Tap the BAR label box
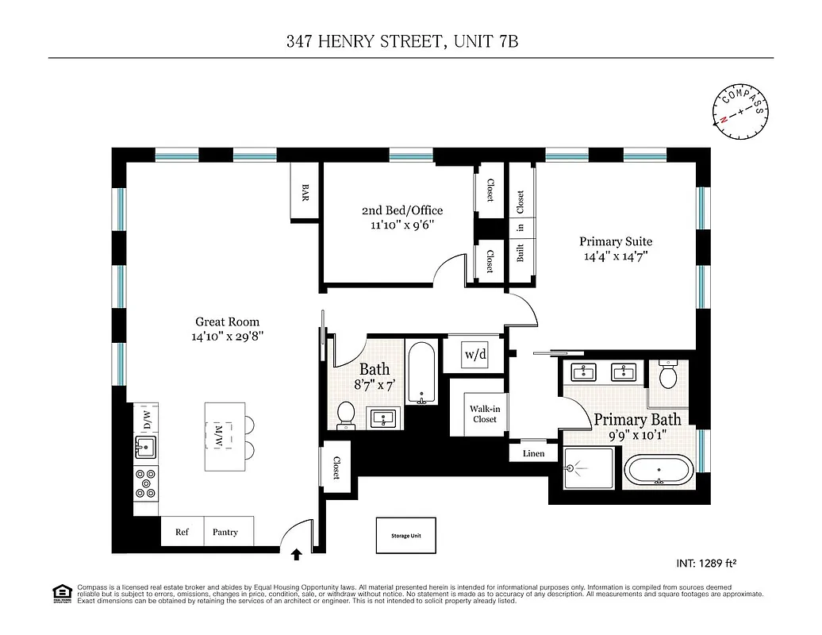pos(305,191)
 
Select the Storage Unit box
pos(405,536)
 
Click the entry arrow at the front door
pos(298,555)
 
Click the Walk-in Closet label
pos(484,414)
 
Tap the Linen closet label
pos(533,454)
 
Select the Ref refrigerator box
pos(182,532)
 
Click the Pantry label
pos(225,532)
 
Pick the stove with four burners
pos(145,483)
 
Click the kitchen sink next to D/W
pos(144,448)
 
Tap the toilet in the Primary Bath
pos(666,374)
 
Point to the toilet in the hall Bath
pos(346,414)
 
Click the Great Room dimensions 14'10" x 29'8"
pos(228,337)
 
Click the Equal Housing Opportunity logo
pos(60,592)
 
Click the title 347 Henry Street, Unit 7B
pos(402,41)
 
